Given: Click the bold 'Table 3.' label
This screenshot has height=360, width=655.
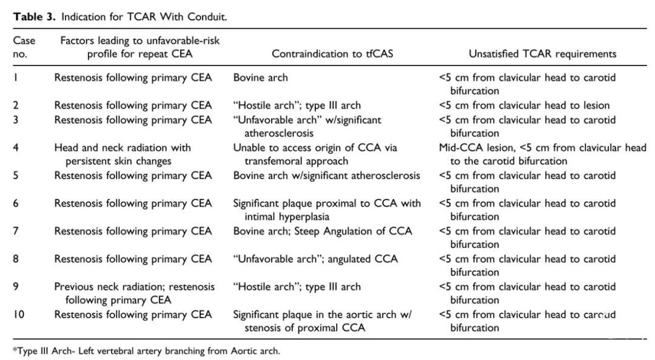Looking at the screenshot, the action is tap(34, 17).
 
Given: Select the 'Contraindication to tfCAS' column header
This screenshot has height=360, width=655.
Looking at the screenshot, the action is tap(332, 54).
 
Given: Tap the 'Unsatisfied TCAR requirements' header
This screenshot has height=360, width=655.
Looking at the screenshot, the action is tap(542, 54).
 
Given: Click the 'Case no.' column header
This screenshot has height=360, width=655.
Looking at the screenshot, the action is tap(24, 47).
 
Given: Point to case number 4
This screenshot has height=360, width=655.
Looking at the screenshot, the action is tap(16, 148).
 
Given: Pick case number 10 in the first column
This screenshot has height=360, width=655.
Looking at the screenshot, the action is tap(18, 315).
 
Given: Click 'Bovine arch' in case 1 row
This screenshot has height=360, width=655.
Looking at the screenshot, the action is tap(260, 78).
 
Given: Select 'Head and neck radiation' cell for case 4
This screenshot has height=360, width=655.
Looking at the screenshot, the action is tap(123, 154).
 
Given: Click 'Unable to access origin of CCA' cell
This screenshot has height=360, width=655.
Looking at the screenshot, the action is tap(315, 154).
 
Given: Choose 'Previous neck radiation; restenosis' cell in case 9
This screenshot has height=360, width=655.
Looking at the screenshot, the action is tap(134, 293).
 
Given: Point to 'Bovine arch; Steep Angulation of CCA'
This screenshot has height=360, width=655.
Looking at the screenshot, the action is tap(323, 232).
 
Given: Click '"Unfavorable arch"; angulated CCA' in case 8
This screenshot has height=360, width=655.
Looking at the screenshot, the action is tap(315, 259).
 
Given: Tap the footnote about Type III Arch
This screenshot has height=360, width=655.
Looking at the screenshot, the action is tap(146, 351).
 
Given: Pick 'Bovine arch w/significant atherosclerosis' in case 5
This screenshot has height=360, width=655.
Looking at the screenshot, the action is tap(326, 175).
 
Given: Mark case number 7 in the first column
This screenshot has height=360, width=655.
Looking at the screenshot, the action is tap(16, 232).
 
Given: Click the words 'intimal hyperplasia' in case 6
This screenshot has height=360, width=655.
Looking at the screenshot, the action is tap(286, 217).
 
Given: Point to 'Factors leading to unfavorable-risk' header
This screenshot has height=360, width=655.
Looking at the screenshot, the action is tap(140, 41).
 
